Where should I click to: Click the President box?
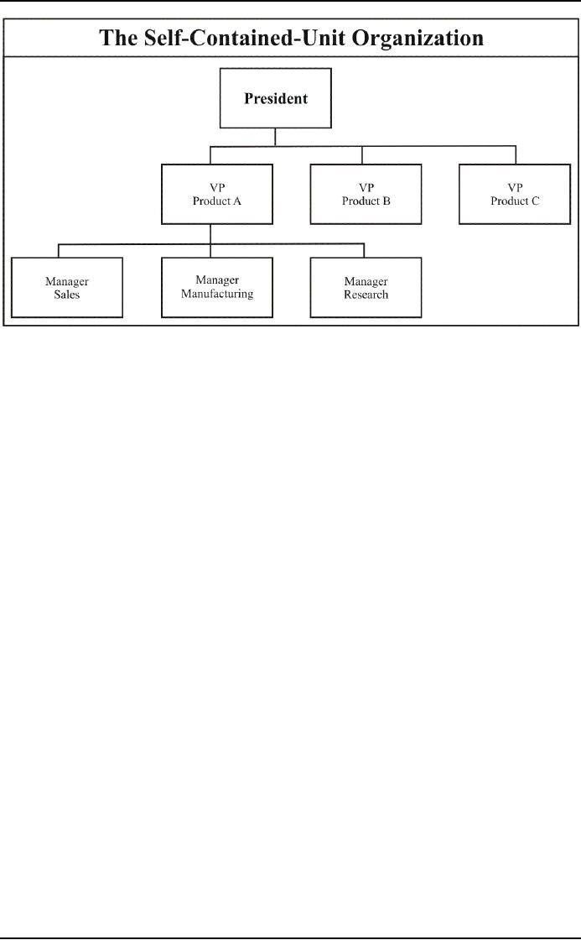(275, 98)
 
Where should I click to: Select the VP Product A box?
(217, 194)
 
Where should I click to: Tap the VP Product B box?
(366, 194)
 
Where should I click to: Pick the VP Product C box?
(515, 194)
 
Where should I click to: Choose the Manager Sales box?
(67, 288)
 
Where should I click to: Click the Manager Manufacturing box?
(217, 286)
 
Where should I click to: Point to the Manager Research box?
(366, 288)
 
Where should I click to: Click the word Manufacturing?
(217, 294)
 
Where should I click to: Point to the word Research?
(366, 295)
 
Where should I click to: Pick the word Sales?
(67, 295)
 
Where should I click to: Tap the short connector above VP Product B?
(361, 155)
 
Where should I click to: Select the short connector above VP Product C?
(515, 155)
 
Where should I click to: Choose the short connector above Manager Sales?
(58, 251)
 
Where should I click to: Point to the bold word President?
(275, 98)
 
